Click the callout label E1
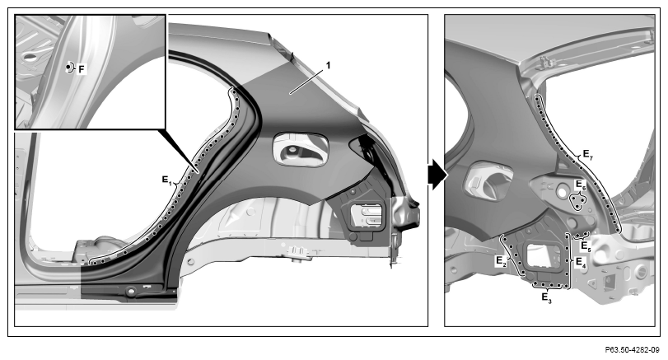tap(166, 180)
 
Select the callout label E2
tap(501, 261)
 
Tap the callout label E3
tap(547, 297)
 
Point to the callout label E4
tap(581, 262)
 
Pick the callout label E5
tap(586, 246)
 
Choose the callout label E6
tap(581, 185)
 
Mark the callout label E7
tap(588, 155)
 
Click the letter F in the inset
tap(82, 68)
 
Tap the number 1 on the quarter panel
tap(328, 65)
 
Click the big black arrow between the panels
tap(437, 175)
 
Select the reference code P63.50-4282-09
tap(632, 350)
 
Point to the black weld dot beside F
tap(68, 68)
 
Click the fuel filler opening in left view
tap(301, 150)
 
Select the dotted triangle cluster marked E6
tap(577, 202)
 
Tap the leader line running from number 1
tap(306, 81)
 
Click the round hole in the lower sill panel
tap(131, 292)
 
